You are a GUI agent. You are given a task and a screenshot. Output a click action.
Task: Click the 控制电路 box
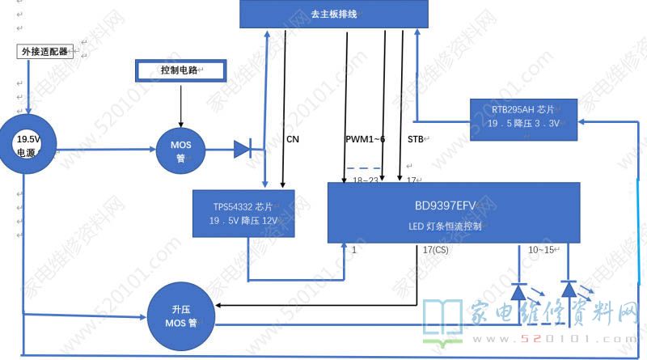[x=180, y=71]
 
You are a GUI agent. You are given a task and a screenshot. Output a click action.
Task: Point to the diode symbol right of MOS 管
[x=243, y=148]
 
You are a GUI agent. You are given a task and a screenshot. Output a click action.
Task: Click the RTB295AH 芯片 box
[x=524, y=116]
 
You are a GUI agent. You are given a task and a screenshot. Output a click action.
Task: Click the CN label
[x=293, y=139]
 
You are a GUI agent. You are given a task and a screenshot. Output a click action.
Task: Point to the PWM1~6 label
[x=365, y=139]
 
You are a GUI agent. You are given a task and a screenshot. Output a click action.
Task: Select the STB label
[x=415, y=139]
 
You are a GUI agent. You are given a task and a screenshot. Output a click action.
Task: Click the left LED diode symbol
[x=518, y=290]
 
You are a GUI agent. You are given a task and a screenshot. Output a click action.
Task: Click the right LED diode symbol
[x=569, y=289]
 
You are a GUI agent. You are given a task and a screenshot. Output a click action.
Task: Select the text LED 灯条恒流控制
[x=445, y=227]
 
